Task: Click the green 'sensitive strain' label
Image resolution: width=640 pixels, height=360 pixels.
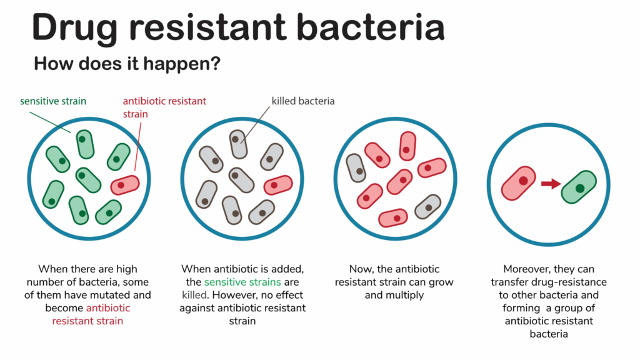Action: tap(53, 101)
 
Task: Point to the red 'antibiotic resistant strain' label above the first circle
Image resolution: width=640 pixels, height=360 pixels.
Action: tap(164, 106)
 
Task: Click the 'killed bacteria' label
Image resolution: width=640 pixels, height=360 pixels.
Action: tap(302, 101)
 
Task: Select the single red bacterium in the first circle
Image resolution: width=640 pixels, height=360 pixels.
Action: tap(125, 185)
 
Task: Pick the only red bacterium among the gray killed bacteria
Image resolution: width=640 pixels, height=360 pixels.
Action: tap(278, 185)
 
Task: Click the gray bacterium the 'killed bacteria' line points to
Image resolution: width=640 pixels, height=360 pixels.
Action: tap(237, 144)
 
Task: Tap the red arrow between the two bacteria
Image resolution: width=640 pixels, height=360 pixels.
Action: tap(551, 184)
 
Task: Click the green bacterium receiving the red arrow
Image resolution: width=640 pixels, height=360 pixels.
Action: tap(579, 187)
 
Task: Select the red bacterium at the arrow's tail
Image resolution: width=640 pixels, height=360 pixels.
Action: tap(519, 182)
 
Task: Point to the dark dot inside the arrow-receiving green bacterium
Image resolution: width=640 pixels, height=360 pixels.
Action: tap(580, 187)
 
